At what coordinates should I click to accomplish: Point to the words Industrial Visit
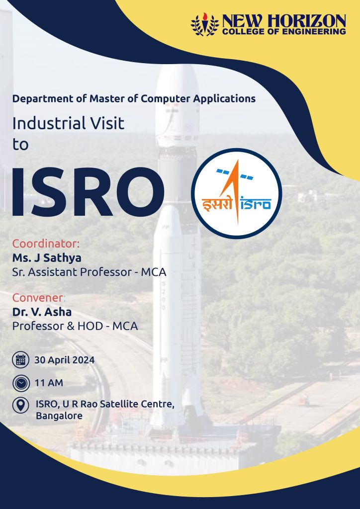[68, 124]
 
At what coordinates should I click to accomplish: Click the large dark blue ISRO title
[88, 192]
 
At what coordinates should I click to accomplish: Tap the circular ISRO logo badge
[237, 193]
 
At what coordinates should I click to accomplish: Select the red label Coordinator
[46, 244]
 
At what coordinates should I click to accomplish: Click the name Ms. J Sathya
[47, 258]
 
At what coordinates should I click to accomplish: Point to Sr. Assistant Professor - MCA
[90, 272]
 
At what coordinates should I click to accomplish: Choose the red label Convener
[38, 297]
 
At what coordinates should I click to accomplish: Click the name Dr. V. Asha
[42, 312]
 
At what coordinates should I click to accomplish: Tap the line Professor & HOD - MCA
[75, 326]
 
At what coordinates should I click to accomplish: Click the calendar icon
[21, 360]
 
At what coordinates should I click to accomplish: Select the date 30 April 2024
[65, 360]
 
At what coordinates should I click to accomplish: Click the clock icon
[21, 383]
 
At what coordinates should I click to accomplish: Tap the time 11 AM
[49, 383]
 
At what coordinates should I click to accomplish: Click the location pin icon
[21, 406]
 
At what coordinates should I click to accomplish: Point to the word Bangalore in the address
[59, 416]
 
